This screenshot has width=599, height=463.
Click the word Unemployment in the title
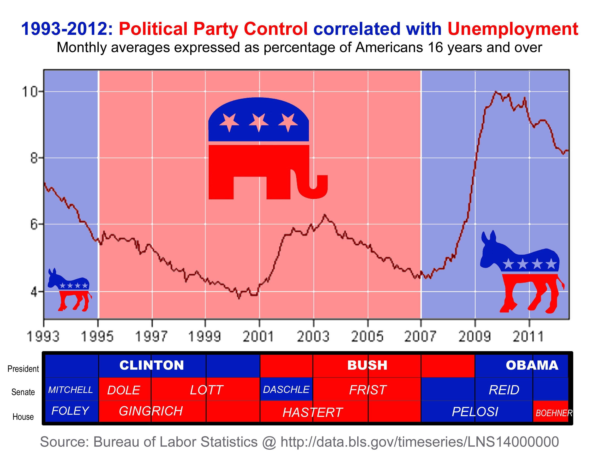[513, 29]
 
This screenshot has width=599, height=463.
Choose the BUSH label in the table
[367, 365]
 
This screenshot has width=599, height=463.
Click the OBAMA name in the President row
[532, 365]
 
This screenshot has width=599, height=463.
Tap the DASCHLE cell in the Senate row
[286, 389]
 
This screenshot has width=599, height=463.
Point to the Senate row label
[23, 392]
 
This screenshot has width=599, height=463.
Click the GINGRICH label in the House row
[151, 411]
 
